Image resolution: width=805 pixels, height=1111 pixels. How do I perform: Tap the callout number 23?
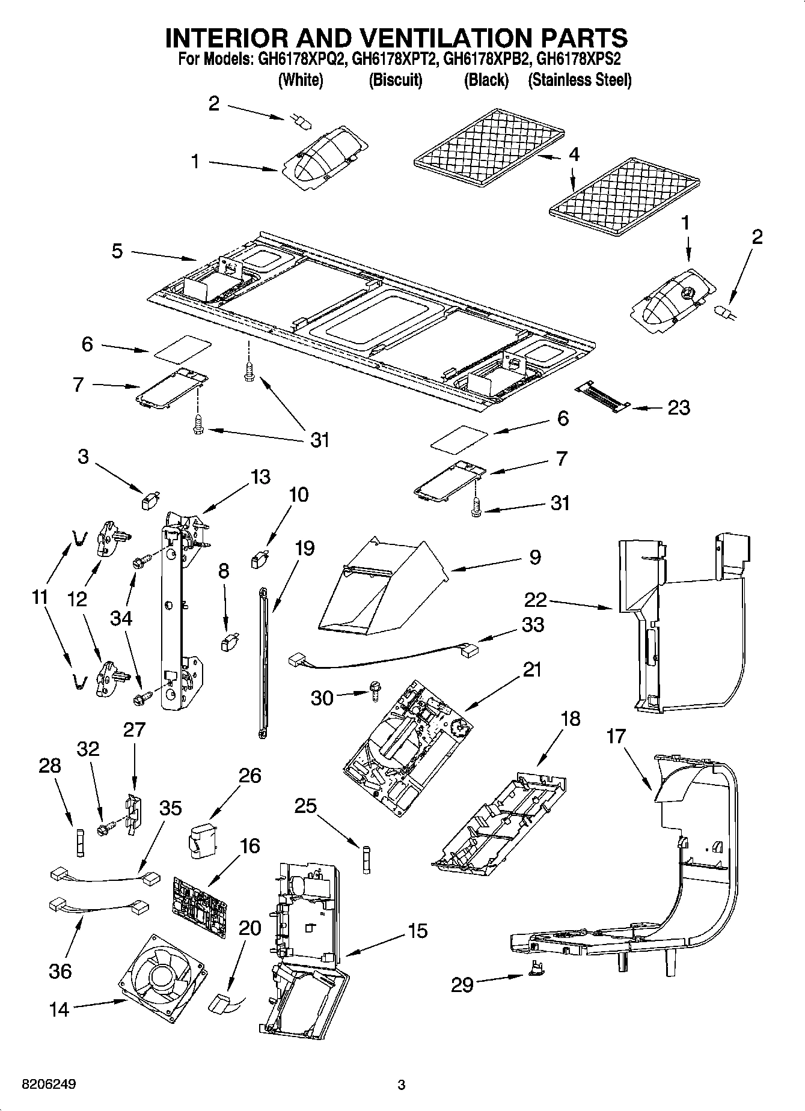tap(679, 408)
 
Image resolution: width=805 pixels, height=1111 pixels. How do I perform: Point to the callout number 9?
tap(535, 557)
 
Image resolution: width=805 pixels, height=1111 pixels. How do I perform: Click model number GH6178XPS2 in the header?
tap(578, 59)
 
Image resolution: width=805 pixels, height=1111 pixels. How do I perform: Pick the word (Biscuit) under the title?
tap(395, 80)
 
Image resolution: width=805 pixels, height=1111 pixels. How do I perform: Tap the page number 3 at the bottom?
tap(402, 1085)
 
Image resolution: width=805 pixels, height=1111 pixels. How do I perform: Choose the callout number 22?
tap(536, 599)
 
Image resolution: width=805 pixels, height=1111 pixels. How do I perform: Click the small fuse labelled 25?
tap(366, 855)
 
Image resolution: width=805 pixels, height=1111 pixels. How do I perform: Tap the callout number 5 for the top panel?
tap(117, 251)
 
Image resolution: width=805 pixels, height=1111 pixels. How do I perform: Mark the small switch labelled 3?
tap(149, 500)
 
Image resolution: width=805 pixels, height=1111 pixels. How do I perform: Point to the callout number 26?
tap(250, 776)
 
